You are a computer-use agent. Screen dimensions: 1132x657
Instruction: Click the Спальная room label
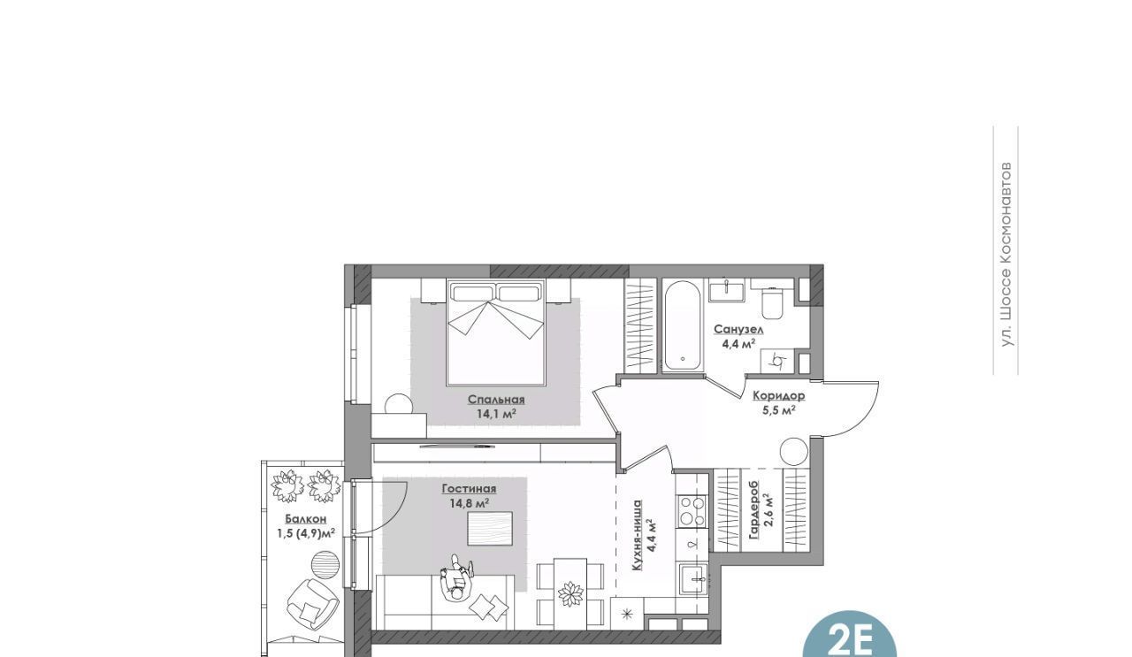pos(496,400)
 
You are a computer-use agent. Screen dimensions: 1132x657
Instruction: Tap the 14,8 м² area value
pos(470,503)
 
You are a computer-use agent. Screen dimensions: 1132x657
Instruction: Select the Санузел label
pos(738,330)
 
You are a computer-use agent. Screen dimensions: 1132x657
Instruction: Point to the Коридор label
pos(779,396)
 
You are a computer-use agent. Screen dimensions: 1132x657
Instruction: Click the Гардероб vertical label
pos(754,516)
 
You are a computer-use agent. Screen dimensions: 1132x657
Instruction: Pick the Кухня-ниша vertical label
pos(638,536)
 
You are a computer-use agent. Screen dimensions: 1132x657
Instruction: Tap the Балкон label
pos(306,519)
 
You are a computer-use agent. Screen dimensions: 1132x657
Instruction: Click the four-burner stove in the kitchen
pos(692,511)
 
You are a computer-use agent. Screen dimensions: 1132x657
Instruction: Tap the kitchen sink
pos(694,579)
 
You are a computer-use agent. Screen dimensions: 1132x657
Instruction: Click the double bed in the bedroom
pos(496,332)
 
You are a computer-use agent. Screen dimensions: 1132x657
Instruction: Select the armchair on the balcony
pos(312,603)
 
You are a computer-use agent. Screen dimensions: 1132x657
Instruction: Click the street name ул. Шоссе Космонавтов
pos(1006,254)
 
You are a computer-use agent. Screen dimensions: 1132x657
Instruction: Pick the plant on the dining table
pos(570,594)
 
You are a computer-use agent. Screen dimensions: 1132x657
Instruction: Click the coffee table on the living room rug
pos(490,529)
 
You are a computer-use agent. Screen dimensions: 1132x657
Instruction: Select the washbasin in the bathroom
pos(726,292)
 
